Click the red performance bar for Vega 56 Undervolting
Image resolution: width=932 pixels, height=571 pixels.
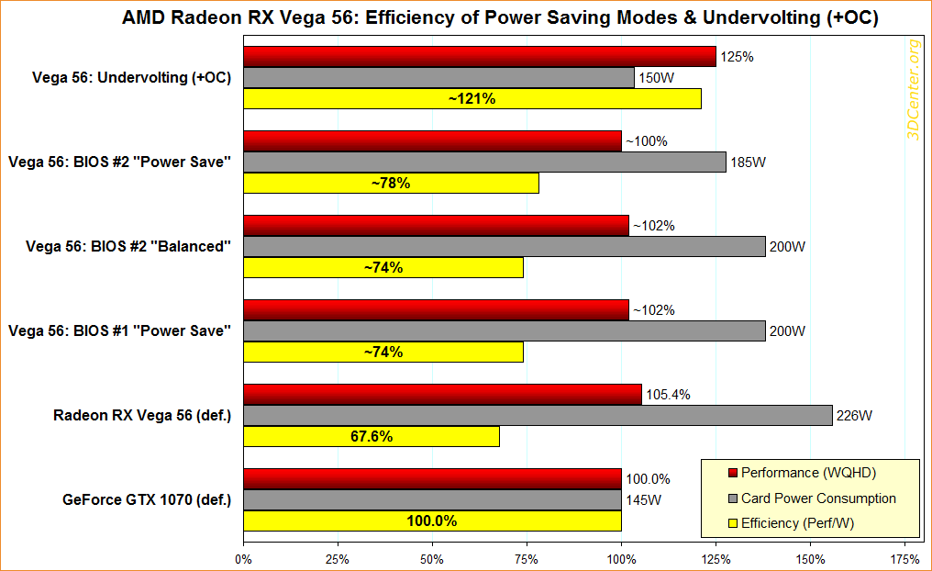[479, 57]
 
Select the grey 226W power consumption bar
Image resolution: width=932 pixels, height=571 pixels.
[538, 415]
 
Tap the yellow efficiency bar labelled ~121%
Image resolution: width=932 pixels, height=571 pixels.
[472, 99]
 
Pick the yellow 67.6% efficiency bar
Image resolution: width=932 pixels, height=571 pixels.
[372, 437]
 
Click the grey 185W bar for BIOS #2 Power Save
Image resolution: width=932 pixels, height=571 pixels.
[484, 162]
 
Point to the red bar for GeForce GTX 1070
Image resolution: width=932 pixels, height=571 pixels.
[432, 478]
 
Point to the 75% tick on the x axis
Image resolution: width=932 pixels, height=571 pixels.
[527, 557]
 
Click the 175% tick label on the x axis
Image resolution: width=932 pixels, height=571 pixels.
[904, 557]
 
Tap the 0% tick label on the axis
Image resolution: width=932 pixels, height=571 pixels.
[243, 557]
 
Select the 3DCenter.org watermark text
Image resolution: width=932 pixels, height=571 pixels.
[913, 91]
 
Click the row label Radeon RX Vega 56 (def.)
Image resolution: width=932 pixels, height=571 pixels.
[141, 415]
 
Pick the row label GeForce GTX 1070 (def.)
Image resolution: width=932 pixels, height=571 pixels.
[147, 500]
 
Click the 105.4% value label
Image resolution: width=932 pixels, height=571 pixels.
[669, 395]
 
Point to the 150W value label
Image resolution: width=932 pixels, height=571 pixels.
[656, 79]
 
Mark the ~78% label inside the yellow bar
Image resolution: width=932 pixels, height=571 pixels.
[390, 184]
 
